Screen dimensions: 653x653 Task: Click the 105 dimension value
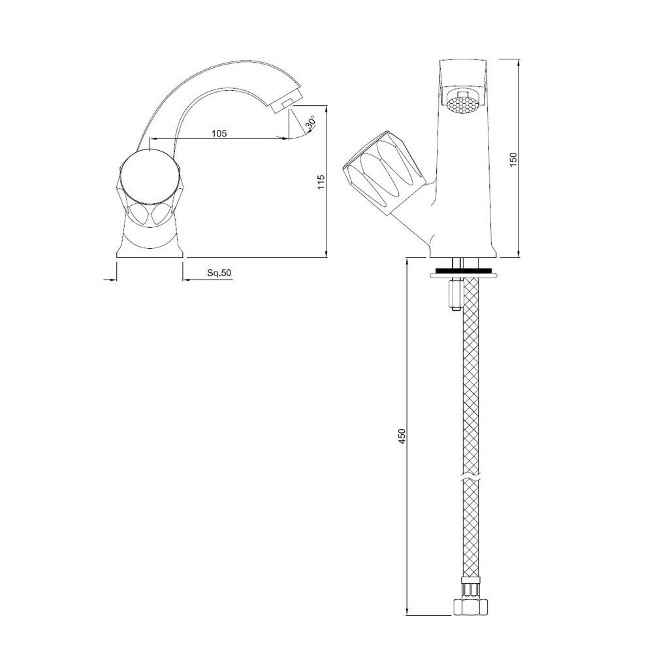tap(219, 133)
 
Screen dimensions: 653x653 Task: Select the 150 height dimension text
tap(513, 159)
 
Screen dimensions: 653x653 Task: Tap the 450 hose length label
tap(402, 436)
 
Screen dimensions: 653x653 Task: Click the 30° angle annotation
tap(311, 122)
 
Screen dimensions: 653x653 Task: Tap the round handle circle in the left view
tap(150, 176)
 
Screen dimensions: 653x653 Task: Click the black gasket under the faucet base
tap(463, 269)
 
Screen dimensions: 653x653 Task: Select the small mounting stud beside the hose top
tap(454, 295)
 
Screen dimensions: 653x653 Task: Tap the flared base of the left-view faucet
tap(150, 245)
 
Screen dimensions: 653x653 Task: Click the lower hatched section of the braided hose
tap(472, 529)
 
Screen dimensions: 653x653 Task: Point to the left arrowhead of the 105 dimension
tap(153, 138)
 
